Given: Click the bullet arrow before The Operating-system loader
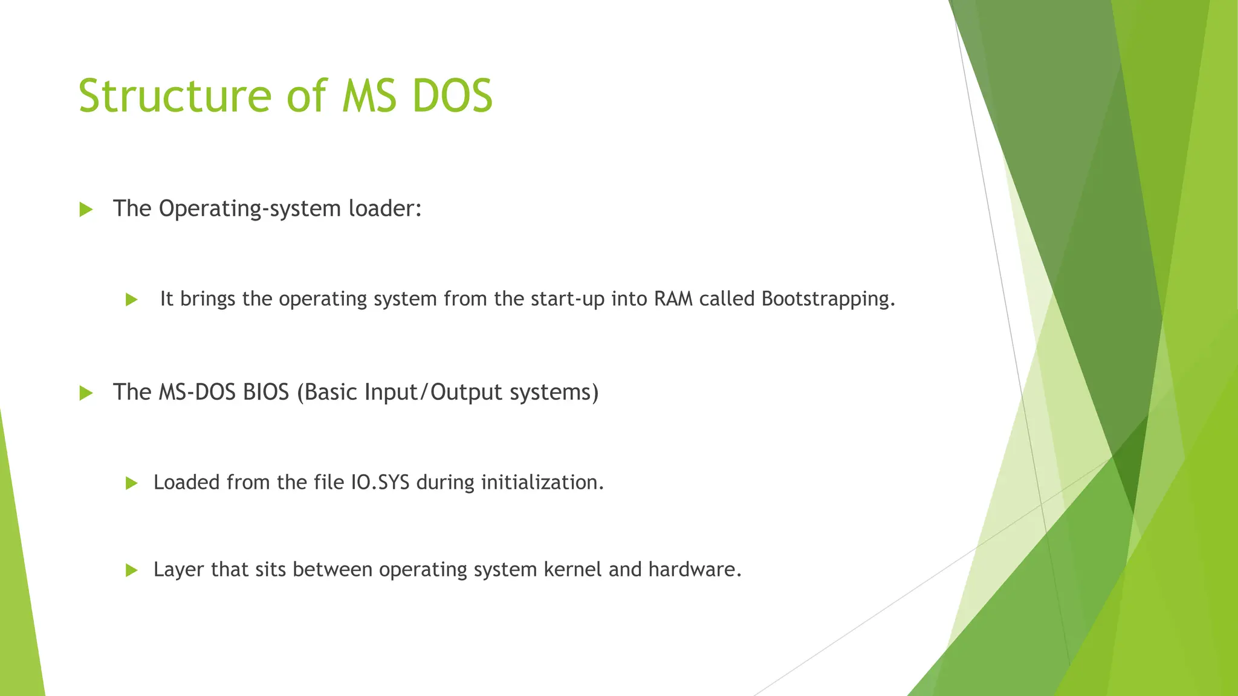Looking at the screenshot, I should click(86, 210).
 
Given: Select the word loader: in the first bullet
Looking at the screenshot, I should click(385, 208).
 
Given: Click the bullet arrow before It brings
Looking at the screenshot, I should click(132, 300).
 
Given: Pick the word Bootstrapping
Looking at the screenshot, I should click(828, 300).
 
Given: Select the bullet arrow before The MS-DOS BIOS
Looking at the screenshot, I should click(86, 393).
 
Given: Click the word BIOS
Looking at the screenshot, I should click(266, 392).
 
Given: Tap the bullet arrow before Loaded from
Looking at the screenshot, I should click(132, 483).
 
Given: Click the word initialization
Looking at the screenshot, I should click(542, 483).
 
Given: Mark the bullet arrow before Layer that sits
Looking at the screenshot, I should click(132, 570).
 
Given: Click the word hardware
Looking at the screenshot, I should click(695, 570).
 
